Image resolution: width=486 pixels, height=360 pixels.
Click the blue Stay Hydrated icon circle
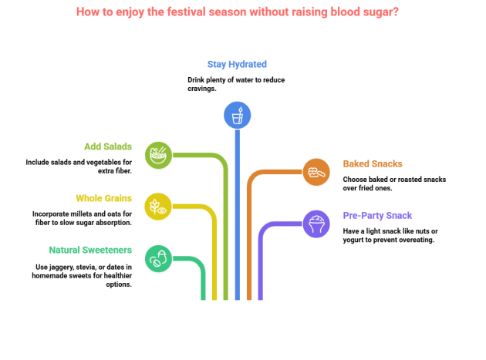(x=237, y=115)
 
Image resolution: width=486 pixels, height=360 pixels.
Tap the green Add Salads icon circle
(x=158, y=154)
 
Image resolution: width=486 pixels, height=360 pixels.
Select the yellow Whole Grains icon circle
(x=157, y=206)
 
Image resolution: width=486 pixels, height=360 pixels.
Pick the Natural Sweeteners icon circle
(x=158, y=258)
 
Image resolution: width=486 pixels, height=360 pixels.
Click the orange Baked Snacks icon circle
(x=316, y=172)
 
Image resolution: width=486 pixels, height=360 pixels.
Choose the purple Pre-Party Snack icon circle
(x=316, y=224)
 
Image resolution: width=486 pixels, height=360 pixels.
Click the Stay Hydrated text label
(x=237, y=64)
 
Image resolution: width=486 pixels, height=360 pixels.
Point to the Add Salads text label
(x=107, y=146)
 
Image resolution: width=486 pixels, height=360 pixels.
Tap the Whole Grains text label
(x=103, y=198)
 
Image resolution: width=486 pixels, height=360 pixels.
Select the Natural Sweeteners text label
(x=89, y=250)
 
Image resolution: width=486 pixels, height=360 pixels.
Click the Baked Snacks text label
(x=373, y=163)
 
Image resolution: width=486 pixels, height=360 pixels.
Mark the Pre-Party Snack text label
(x=377, y=215)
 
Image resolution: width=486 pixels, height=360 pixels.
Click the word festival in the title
(x=179, y=12)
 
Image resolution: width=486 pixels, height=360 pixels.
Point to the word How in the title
(x=87, y=12)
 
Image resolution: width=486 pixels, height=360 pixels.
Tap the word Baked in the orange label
(x=357, y=163)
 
